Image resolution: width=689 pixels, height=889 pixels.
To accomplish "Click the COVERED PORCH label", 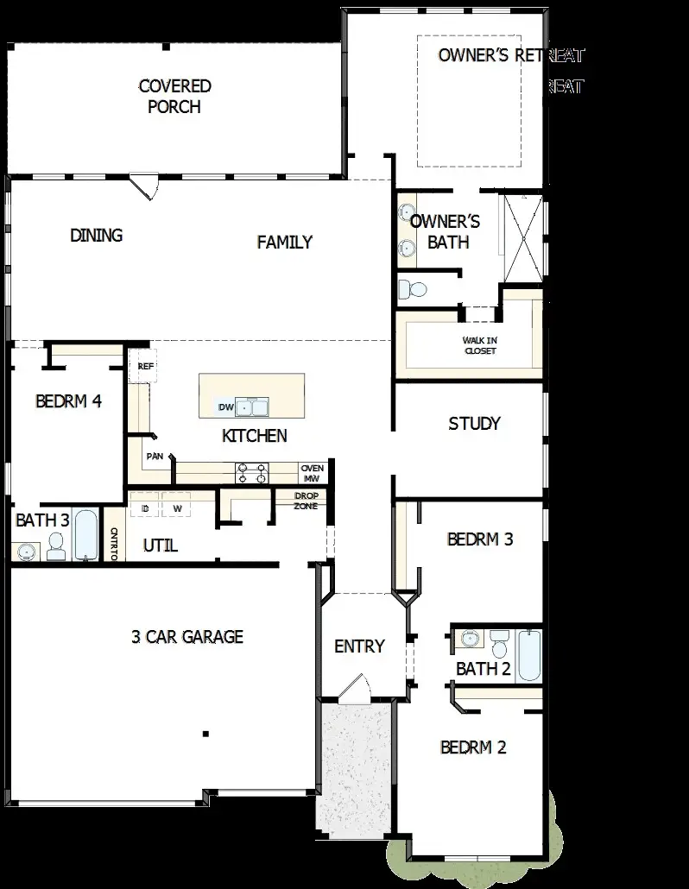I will point(174,97).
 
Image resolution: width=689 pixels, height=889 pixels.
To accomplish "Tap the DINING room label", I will point(96,236).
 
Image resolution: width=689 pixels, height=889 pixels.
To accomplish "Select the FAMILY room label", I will point(284,243).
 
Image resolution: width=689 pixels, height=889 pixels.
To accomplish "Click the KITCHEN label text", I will point(255,436).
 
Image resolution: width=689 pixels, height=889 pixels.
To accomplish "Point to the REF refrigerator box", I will point(143,366).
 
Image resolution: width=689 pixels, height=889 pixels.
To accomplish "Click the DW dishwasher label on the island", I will point(226,407).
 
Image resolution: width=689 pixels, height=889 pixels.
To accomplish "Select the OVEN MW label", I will point(312,473).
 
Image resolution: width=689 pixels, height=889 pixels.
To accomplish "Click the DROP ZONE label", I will point(307,501).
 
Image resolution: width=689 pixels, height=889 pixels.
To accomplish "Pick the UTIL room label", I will point(160,545).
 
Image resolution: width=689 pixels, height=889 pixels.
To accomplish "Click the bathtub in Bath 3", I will point(85,535).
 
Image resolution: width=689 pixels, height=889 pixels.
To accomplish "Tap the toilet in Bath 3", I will point(57,545).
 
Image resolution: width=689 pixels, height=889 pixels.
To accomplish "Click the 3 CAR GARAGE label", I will point(187,637).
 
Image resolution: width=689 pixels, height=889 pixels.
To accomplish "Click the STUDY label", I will point(474,424).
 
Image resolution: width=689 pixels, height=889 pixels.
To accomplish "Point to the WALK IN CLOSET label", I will point(480,345).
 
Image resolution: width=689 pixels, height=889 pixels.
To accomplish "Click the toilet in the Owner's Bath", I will point(414,289).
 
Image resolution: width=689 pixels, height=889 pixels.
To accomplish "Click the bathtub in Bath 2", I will point(528,657).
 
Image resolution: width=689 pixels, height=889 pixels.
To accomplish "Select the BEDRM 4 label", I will point(69,401).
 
